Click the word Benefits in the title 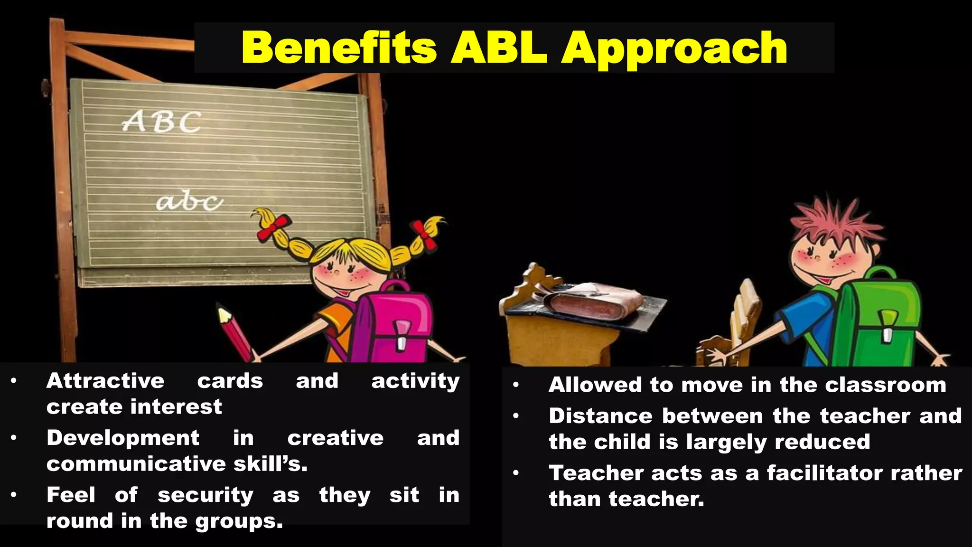coord(339,47)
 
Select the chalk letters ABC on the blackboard coord(162,122)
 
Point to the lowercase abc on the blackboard coord(189,202)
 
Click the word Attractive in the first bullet coord(105,381)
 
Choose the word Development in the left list coord(123,438)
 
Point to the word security coord(206,495)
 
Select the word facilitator coord(825,473)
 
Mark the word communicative coord(136,464)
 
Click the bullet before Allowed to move coord(516,385)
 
